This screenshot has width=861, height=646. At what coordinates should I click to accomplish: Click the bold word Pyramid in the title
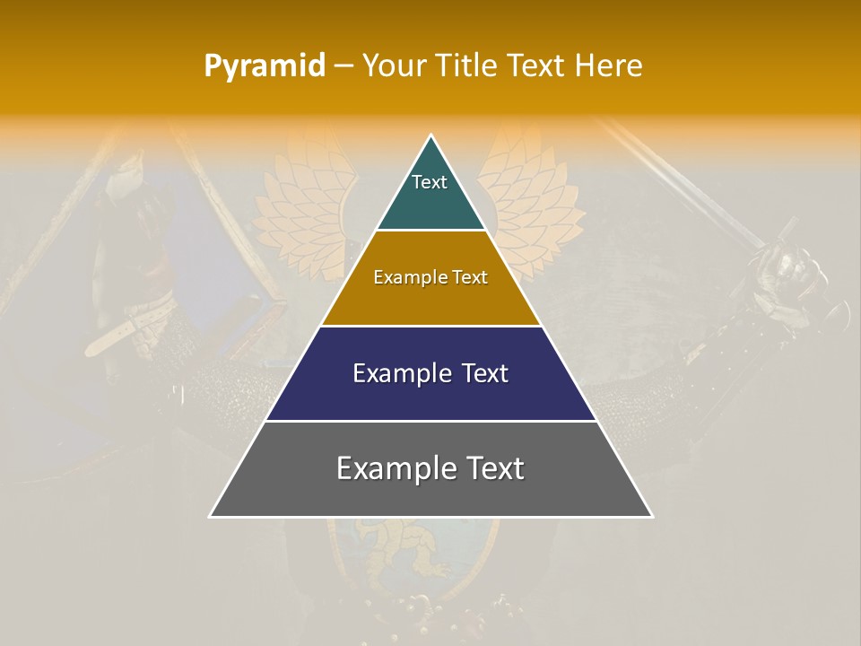click(265, 66)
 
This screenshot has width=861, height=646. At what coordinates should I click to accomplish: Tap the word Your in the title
click(392, 66)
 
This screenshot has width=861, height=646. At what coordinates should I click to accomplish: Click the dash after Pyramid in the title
click(343, 66)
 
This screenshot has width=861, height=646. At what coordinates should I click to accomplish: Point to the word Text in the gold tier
click(469, 277)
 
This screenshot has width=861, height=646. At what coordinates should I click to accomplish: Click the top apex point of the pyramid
click(430, 135)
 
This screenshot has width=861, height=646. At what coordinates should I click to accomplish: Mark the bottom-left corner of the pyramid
click(211, 516)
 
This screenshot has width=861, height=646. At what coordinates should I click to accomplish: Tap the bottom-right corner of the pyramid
click(651, 516)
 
